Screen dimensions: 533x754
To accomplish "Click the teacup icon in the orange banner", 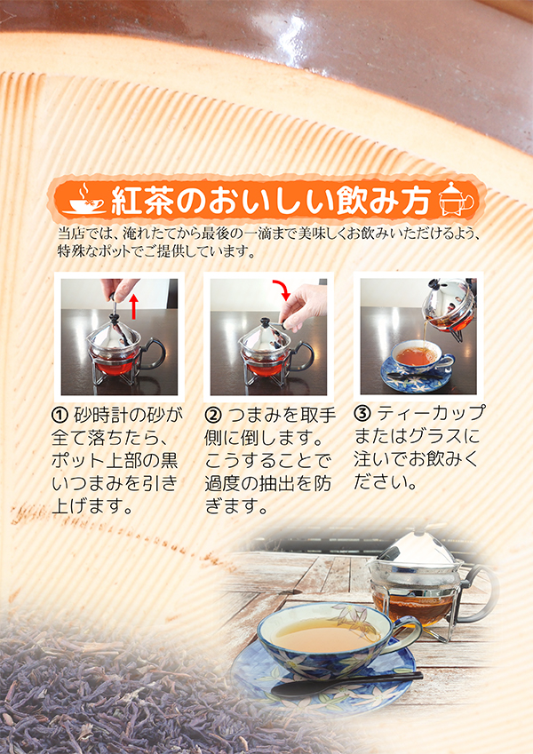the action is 84,198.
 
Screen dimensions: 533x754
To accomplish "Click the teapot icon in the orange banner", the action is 457,199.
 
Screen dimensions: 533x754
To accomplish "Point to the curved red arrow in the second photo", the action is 282,287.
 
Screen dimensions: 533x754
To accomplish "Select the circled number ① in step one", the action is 60,415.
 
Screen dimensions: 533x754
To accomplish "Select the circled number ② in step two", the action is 212,415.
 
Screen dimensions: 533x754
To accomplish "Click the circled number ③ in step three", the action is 362,413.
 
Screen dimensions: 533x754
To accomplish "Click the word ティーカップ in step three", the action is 431,413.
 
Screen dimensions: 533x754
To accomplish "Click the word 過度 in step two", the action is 222,484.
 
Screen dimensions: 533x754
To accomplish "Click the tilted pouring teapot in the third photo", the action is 448,304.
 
